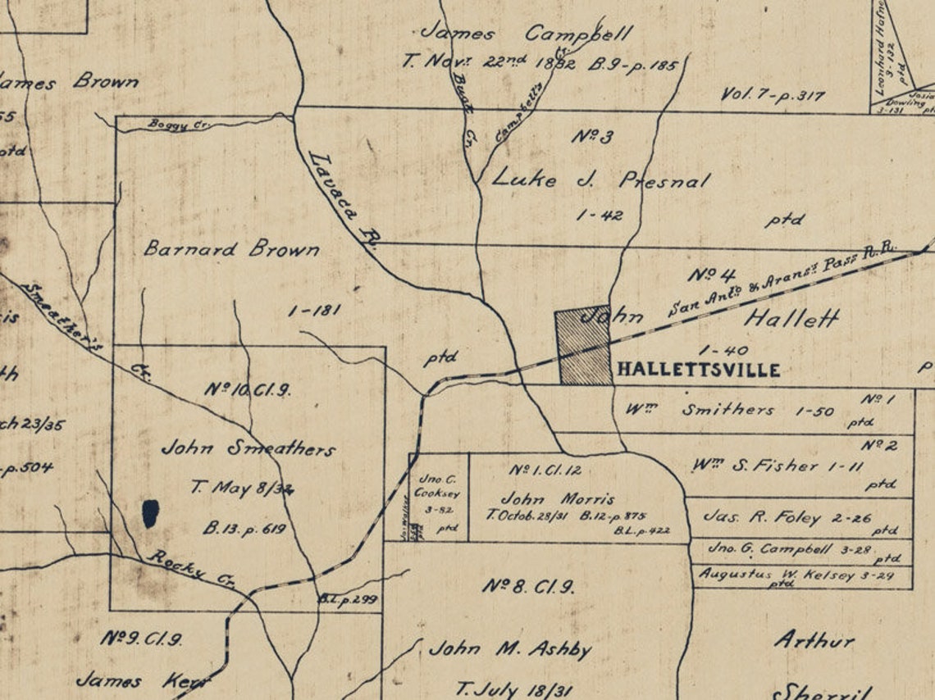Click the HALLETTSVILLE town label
click(x=697, y=370)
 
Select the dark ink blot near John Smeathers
click(x=150, y=514)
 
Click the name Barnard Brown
click(x=231, y=248)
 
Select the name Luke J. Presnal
click(x=600, y=180)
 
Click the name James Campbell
click(x=526, y=34)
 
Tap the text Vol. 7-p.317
click(x=773, y=95)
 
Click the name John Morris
click(x=557, y=498)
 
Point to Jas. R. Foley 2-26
click(x=788, y=518)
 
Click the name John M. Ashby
click(x=509, y=650)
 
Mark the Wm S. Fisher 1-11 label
click(x=766, y=466)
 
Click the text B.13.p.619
click(x=237, y=530)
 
